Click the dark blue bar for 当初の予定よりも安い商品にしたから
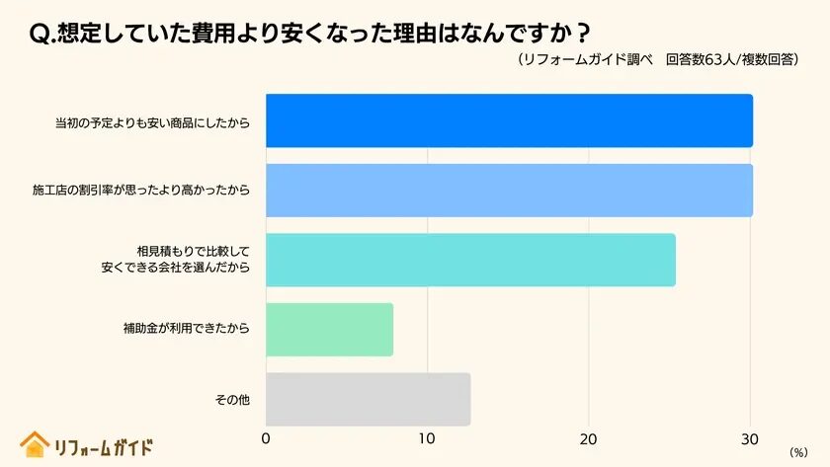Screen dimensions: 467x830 pos(509,120)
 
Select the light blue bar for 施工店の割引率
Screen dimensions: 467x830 pos(509,191)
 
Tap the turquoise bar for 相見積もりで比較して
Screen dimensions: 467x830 pos(470,261)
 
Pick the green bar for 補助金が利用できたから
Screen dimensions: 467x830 pos(329,330)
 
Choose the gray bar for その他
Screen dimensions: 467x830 pos(368,399)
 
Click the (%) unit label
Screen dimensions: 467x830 pos(798,451)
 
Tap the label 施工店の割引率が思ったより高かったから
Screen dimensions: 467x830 pos(141,191)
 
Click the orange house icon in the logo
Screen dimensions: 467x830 pos(35,444)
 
